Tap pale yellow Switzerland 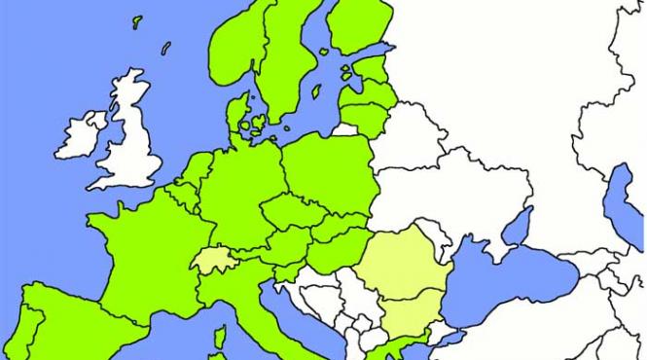tap(212, 260)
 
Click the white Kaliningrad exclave tap(342, 127)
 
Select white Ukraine tap(457, 195)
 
